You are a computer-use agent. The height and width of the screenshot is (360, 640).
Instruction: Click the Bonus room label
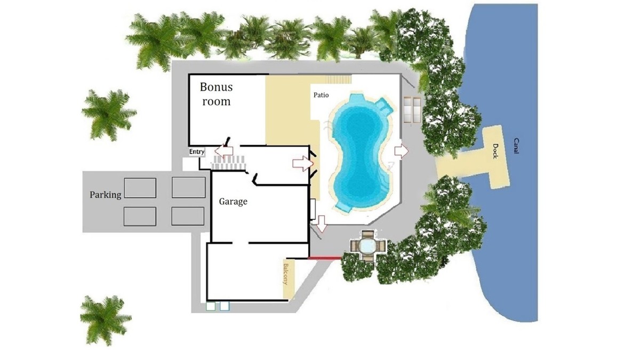coord(217,94)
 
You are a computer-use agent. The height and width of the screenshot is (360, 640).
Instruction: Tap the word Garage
coord(233,202)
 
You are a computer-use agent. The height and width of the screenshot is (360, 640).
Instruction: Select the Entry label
coord(197,151)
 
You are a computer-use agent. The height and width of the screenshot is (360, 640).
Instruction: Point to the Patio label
coord(321,95)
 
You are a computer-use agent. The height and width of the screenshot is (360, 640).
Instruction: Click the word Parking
coord(106,195)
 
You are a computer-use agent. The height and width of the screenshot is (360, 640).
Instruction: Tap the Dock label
coord(495,151)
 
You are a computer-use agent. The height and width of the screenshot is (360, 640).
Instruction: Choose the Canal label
coord(516,146)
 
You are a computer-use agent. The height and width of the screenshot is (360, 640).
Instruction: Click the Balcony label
coord(285,274)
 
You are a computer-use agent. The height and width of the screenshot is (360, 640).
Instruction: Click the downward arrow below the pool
coord(322,223)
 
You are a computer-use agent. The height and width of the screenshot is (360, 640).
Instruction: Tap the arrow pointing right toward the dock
coord(402,151)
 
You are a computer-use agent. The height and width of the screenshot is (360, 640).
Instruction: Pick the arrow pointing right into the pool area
coord(303,164)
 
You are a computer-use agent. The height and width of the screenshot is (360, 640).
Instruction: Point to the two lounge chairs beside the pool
coord(412,110)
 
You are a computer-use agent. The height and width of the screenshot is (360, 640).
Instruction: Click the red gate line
coord(325,258)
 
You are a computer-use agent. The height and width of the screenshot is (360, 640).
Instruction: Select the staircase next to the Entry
coord(228,163)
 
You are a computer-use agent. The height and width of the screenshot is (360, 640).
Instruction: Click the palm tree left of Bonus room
coord(109,115)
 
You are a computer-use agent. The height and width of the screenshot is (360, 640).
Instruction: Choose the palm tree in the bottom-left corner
coord(105,320)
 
